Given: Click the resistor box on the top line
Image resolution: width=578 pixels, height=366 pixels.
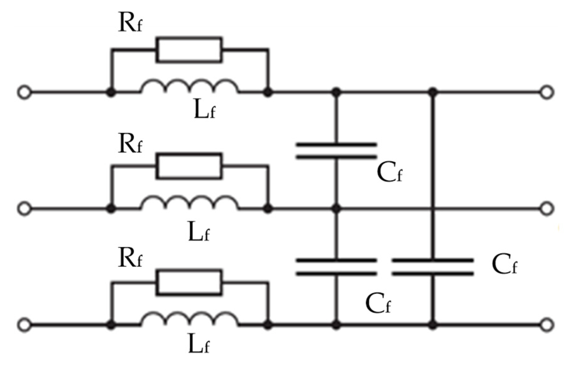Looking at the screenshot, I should pyautogui.click(x=189, y=49).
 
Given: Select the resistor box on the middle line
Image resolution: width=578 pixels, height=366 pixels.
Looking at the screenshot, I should pyautogui.click(x=189, y=166).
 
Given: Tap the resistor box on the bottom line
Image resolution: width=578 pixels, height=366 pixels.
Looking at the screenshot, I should pyautogui.click(x=189, y=282).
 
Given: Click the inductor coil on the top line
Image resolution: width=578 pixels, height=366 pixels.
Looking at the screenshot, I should pyautogui.click(x=190, y=87).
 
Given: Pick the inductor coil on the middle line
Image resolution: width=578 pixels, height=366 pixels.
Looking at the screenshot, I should pyautogui.click(x=190, y=203).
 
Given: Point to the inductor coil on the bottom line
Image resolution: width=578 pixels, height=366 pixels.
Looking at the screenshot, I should pyautogui.click(x=190, y=319).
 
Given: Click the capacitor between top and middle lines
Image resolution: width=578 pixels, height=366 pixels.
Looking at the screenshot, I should pyautogui.click(x=336, y=150).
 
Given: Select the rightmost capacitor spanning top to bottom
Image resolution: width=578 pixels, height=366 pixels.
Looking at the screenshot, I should pyautogui.click(x=432, y=267).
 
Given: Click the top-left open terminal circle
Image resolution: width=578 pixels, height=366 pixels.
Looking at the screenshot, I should pyautogui.click(x=24, y=93).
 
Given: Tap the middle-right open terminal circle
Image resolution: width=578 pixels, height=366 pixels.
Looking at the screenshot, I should pyautogui.click(x=547, y=208).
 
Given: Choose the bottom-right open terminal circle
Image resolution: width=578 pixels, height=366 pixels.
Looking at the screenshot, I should pyautogui.click(x=547, y=324).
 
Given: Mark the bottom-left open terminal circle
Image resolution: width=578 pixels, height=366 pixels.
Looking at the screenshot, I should pyautogui.click(x=24, y=325).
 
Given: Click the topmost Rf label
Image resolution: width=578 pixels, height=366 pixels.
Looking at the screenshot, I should pyautogui.click(x=130, y=23).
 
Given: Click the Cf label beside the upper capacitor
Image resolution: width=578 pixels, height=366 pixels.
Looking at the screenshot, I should pyautogui.click(x=389, y=173).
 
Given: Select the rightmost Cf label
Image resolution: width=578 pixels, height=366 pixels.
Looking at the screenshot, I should pyautogui.click(x=504, y=264).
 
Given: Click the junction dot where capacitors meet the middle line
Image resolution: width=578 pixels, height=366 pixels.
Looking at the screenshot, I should pyautogui.click(x=336, y=208).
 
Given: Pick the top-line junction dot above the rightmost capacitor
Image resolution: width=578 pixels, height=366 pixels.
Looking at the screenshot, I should pyautogui.click(x=433, y=92).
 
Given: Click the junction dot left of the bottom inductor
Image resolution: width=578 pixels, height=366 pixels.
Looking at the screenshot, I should pyautogui.click(x=110, y=325).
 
